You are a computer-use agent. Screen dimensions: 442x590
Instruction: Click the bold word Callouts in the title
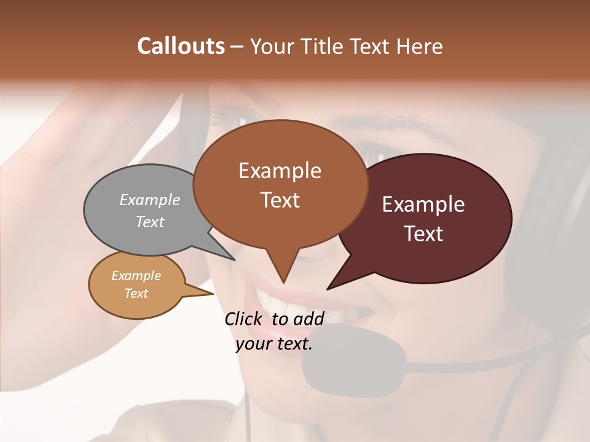[181, 46]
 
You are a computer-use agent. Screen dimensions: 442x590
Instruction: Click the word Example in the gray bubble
[150, 200]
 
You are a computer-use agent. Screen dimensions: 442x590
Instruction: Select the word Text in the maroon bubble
[424, 234]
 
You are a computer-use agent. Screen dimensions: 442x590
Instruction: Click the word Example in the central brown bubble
[280, 170]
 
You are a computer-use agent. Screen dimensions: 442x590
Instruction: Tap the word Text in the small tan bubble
[136, 293]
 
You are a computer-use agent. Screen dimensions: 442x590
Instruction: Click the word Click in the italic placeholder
[245, 319]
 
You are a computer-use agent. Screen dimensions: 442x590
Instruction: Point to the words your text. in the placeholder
[274, 344]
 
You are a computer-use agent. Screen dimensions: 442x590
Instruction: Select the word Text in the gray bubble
[150, 222]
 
